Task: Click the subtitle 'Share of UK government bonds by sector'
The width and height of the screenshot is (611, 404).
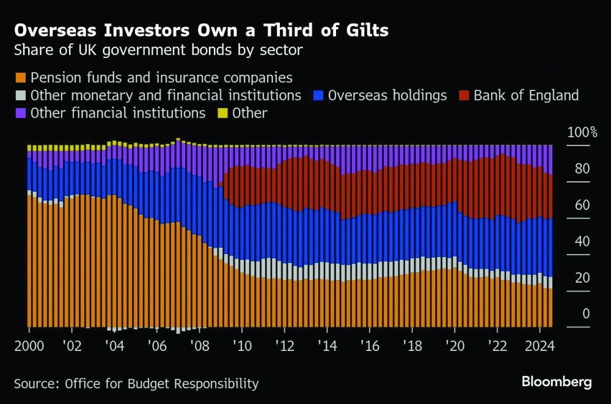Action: (158, 50)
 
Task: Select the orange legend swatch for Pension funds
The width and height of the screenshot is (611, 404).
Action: (21, 78)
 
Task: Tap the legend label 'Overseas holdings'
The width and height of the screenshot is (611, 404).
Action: (387, 95)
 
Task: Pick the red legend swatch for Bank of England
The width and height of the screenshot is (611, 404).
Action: (464, 95)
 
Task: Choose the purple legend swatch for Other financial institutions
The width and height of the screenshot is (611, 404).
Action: (21, 113)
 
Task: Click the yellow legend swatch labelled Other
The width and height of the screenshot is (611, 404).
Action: (222, 113)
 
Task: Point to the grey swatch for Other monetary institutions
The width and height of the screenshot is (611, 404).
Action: (21, 95)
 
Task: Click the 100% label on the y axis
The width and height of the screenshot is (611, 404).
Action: (582, 132)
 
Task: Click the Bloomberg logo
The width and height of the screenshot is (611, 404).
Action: (557, 382)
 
